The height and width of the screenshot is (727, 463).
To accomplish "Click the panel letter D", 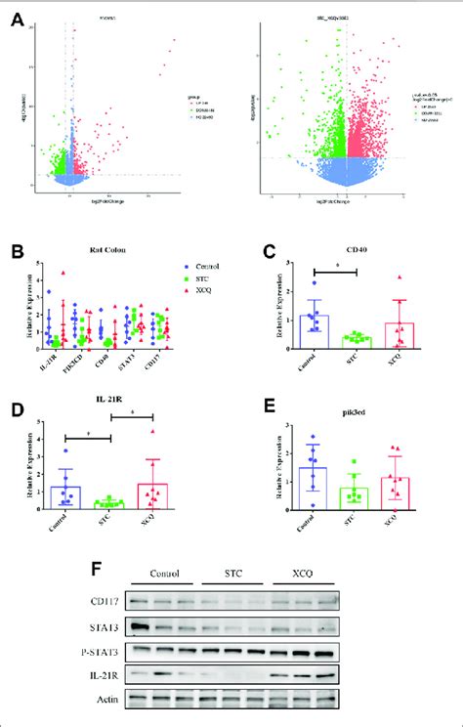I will click(x=16, y=401).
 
